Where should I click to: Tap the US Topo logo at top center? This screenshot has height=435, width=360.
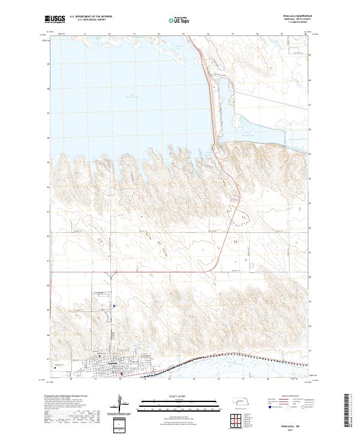(x=181, y=20)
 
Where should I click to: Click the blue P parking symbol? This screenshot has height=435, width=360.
(x=114, y=307)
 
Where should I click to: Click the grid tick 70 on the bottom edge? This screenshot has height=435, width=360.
(x=71, y=379)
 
